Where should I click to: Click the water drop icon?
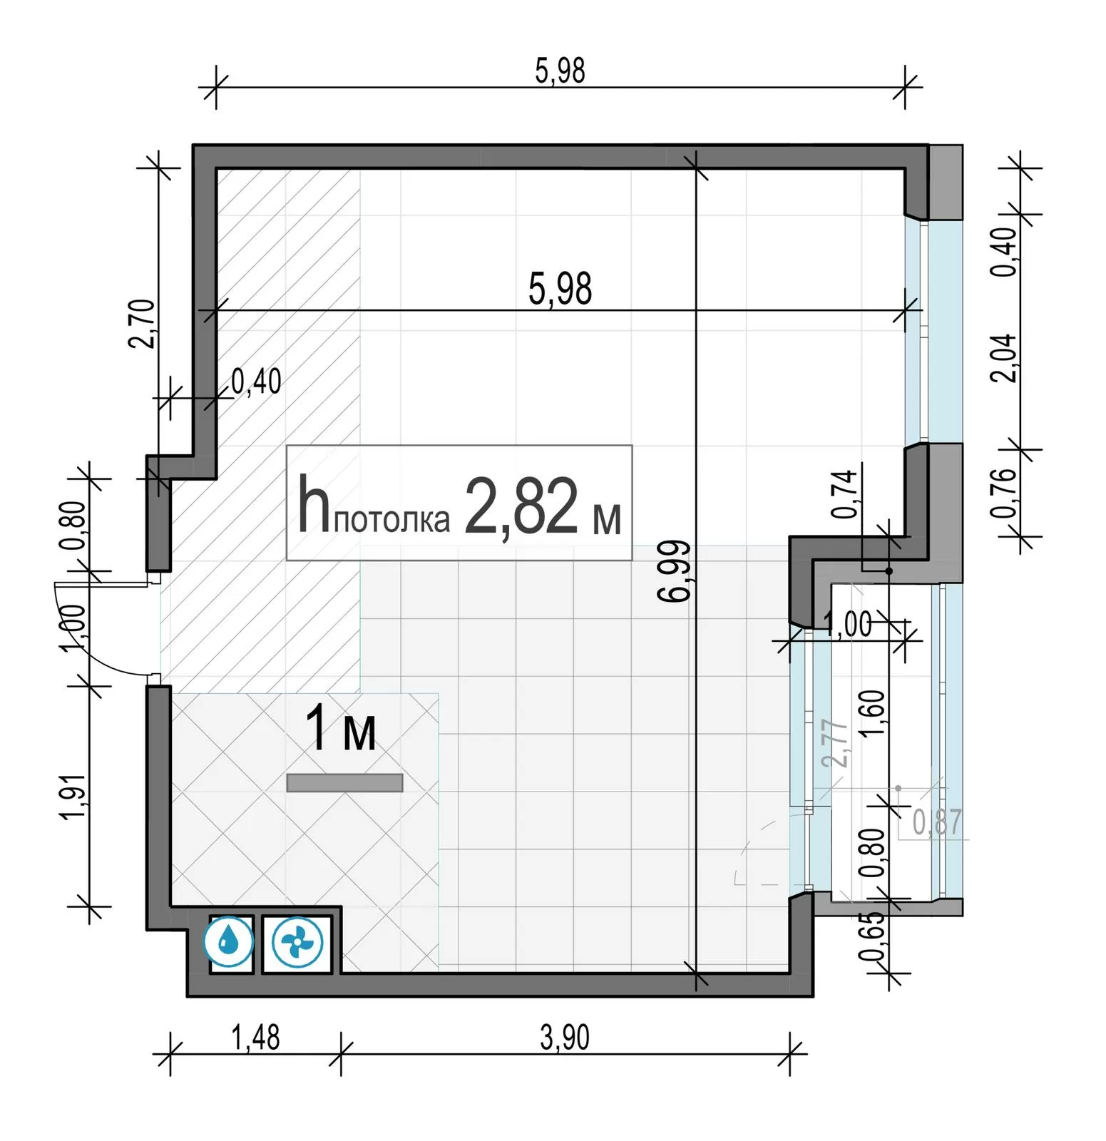coord(228,941)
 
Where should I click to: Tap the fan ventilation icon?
coord(297,943)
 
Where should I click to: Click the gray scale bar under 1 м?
coord(344,783)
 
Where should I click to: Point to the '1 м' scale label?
coord(340,729)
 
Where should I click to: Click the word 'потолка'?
coord(391,521)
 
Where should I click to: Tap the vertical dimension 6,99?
coord(675,571)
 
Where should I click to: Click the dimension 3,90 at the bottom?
coord(565,1038)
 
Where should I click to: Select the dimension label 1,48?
coord(255,1038)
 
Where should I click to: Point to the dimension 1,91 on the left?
coord(74,797)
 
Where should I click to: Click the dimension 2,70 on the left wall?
coord(141,323)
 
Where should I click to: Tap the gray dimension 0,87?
coord(937,822)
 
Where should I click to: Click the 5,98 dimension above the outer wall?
coord(560,71)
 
